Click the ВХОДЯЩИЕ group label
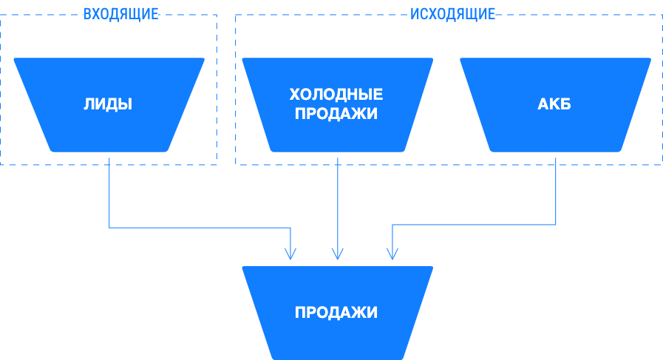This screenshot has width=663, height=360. pos(120,14)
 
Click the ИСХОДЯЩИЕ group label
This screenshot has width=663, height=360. pos(452,14)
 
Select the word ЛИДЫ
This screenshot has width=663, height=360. pos(108,104)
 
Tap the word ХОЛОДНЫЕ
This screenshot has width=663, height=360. pos(336,95)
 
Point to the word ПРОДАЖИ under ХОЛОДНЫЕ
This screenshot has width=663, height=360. pos(336,114)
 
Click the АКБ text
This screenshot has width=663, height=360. pos(554,104)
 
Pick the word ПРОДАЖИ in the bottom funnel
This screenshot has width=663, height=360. pos(336,313)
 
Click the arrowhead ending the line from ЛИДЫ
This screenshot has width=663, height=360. pos(291,255)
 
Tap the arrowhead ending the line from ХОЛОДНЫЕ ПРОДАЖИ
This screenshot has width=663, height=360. pos(338,255)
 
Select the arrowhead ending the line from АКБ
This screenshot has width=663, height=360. pos(392,255)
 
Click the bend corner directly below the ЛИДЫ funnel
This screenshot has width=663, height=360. pos(109,228)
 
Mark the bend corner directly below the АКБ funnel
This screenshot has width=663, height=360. pos(556,224)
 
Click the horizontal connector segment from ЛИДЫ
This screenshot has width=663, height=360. pos(200,228)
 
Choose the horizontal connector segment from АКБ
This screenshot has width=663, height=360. pos(473,224)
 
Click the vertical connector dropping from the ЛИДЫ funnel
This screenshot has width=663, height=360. pos(109,192)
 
